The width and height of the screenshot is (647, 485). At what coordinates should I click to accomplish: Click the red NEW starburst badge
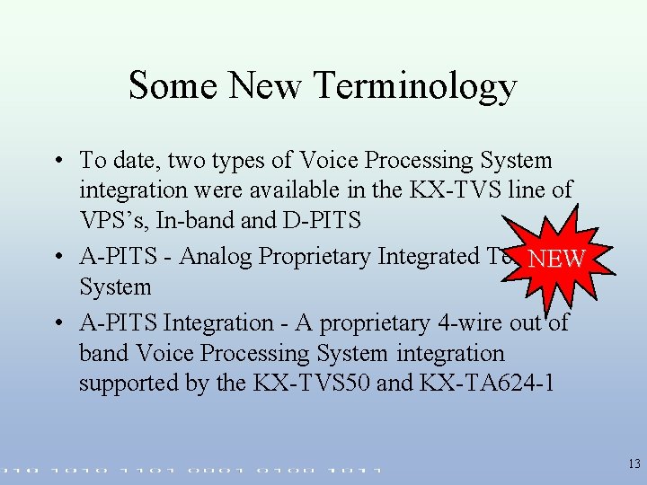(x=556, y=259)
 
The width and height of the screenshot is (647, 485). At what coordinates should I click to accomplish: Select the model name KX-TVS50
(x=310, y=384)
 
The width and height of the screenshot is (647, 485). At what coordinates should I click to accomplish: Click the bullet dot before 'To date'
(x=57, y=162)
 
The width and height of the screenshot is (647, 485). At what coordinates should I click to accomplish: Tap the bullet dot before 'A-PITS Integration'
(x=57, y=323)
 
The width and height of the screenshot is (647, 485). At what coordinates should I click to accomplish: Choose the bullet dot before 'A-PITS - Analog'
(x=57, y=258)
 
